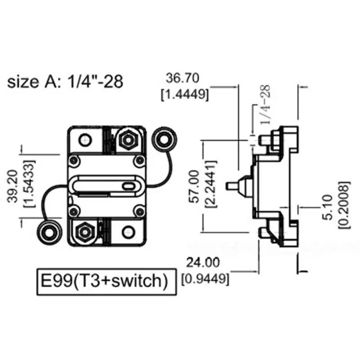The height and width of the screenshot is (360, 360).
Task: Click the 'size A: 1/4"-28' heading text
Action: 65,82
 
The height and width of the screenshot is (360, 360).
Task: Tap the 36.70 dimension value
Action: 183,78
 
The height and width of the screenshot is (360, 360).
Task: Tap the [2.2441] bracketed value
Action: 210,186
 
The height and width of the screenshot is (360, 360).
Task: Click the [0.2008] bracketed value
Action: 344,205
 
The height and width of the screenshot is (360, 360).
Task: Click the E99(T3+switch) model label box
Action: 104,281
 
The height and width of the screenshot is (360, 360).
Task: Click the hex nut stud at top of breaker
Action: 127,140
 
